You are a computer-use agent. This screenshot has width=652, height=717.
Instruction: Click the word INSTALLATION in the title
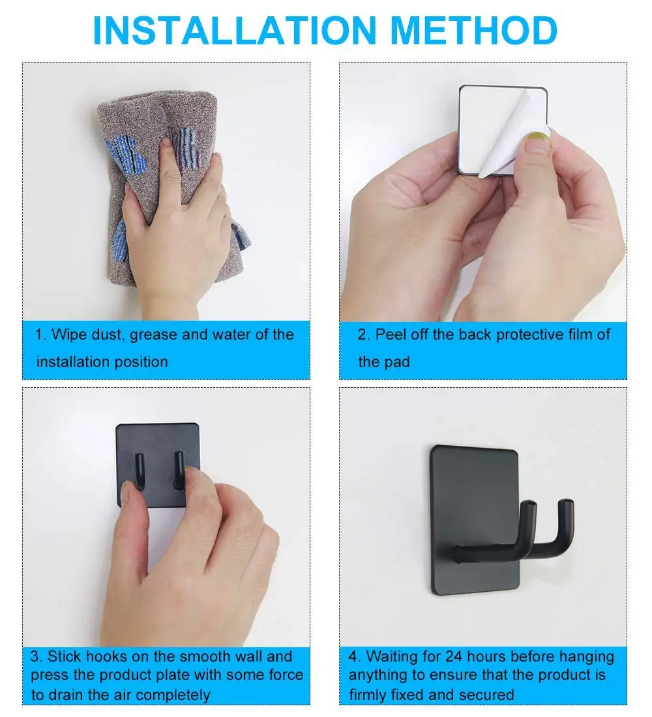(234, 31)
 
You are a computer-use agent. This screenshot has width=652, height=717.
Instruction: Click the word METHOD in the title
(474, 31)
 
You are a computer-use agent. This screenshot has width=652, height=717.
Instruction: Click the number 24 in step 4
(453, 656)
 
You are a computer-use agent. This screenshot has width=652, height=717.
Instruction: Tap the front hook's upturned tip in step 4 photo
(529, 506)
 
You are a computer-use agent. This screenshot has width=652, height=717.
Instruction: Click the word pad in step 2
(398, 362)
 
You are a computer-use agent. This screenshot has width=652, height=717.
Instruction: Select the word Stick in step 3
(65, 656)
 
